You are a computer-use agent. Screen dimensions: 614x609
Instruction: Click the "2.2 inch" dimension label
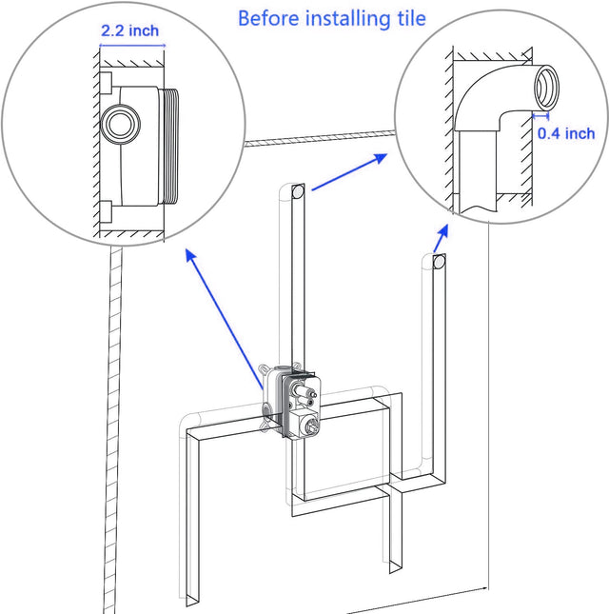pyautogui.click(x=130, y=30)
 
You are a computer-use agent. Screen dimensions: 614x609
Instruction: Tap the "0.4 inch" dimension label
pyautogui.click(x=566, y=133)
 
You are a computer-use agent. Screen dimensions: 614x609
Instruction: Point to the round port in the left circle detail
pyautogui.click(x=119, y=126)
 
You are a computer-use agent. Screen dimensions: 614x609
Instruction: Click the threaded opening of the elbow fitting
pyautogui.click(x=547, y=88)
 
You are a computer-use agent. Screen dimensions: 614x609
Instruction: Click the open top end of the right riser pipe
pyautogui.click(x=439, y=261)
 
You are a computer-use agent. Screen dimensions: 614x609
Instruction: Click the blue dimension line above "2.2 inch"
pyautogui.click(x=132, y=45)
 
